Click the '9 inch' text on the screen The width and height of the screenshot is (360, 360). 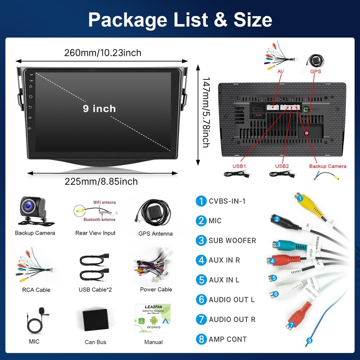(x=99, y=108)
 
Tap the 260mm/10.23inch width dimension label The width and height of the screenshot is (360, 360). (x=103, y=53)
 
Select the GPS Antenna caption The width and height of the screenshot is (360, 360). (x=155, y=234)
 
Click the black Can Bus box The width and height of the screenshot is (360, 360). (x=95, y=320)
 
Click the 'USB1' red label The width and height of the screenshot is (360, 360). (x=239, y=166)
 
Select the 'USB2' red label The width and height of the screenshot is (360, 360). (x=282, y=166)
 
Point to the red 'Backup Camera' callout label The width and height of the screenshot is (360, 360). (x=328, y=166)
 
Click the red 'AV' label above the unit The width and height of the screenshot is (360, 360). (x=280, y=72)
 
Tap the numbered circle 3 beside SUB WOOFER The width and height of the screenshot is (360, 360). (x=201, y=240)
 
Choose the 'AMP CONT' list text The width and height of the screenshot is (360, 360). (x=228, y=339)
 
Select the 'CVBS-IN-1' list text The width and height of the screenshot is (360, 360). (x=227, y=201)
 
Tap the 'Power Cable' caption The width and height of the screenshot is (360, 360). (x=156, y=289)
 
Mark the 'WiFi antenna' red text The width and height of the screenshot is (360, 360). (x=104, y=202)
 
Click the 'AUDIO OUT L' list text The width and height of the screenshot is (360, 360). (x=232, y=300)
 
